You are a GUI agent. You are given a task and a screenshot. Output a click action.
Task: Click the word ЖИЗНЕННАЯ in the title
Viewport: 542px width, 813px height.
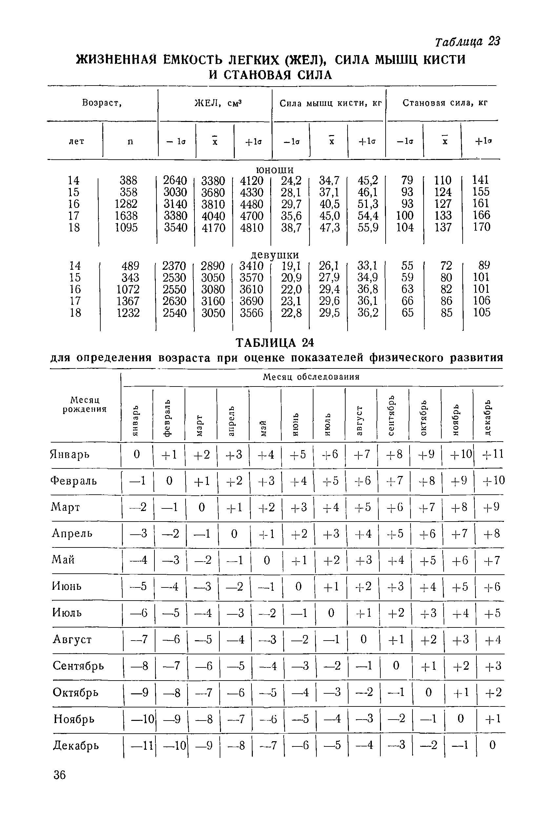[116, 60]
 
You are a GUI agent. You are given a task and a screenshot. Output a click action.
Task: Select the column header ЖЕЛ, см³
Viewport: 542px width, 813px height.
[218, 103]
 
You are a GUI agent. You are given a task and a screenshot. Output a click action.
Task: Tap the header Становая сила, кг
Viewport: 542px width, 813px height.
[445, 103]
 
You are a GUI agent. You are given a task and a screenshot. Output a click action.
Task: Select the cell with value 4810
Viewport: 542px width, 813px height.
[251, 228]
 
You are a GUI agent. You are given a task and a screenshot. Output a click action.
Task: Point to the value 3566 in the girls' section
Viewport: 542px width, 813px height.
[251, 313]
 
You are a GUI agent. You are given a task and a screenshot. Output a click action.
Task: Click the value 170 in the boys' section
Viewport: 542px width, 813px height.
[482, 227]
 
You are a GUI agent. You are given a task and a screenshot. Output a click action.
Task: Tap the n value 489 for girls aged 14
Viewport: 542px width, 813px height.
[130, 266]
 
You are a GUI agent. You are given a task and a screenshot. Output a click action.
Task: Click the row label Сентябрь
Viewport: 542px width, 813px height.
[78, 665]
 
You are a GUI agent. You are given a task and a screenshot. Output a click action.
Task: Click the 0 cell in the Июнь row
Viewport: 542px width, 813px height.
[299, 586]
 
